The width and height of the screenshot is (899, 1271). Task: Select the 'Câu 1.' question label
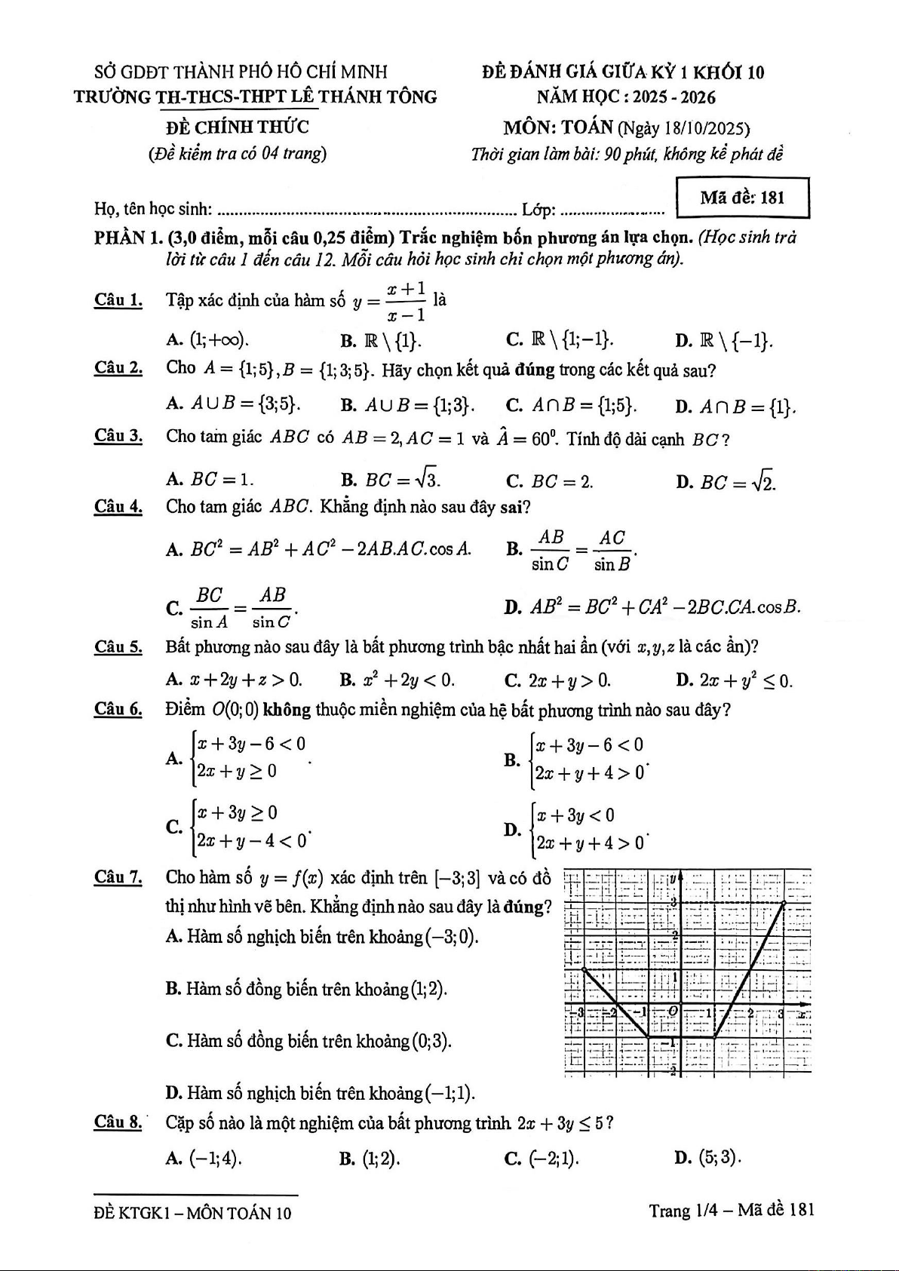118,300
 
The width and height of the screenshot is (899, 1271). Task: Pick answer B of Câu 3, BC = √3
391,480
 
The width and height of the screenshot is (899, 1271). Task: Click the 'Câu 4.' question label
118,506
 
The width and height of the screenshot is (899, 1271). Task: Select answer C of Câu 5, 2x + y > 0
558,680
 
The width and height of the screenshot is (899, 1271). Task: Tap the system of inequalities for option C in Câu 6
252,827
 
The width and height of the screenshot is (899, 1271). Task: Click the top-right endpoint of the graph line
784,902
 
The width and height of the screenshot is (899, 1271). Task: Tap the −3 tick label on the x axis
581,1013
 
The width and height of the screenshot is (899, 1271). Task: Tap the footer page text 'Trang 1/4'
681,1211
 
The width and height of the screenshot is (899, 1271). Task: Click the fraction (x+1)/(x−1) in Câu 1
407,301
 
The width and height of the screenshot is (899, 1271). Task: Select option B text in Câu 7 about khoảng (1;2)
306,989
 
